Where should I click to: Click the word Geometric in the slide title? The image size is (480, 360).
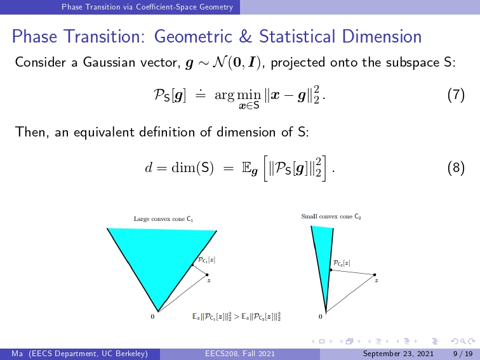pos(193,36)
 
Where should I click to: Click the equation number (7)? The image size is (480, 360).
pos(456,95)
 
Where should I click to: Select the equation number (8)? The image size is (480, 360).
pos(456,168)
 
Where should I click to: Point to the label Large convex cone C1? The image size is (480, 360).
pos(163,219)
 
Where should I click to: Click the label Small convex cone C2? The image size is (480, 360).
pos(331,217)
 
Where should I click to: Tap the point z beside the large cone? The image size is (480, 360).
pos(207,274)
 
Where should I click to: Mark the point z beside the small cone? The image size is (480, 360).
pos(375,274)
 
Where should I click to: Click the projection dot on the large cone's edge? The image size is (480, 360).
pos(192,265)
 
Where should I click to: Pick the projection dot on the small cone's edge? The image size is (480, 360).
pos(331,270)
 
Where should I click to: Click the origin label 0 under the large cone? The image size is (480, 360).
pos(152,317)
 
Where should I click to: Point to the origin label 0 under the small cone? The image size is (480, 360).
pos(320,317)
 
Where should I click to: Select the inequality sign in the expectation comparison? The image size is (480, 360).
pos(236,317)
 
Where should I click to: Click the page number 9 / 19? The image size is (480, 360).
pos(463,354)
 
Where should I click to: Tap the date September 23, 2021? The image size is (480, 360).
pos(398,354)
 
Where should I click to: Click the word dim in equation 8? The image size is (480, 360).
pos(183,168)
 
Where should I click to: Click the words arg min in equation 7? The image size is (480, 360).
pos(238,95)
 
